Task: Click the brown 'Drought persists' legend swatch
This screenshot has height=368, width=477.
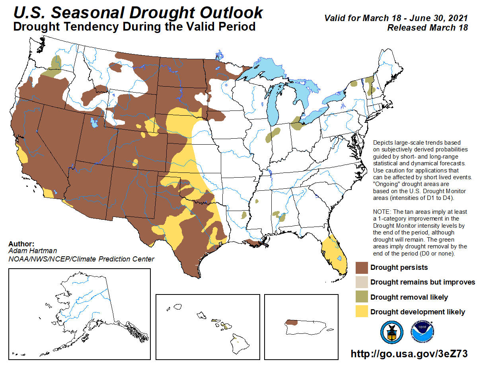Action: pyautogui.click(x=361, y=267)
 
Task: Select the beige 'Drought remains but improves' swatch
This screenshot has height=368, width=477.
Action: pyautogui.click(x=361, y=282)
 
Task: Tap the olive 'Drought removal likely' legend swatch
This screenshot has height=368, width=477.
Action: pyautogui.click(x=361, y=297)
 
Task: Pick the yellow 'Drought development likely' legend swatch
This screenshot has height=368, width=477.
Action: pyautogui.click(x=361, y=312)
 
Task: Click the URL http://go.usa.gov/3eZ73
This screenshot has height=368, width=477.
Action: pyautogui.click(x=409, y=353)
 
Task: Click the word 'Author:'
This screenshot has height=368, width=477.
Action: pyautogui.click(x=21, y=244)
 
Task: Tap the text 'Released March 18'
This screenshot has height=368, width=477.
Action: pyautogui.click(x=428, y=27)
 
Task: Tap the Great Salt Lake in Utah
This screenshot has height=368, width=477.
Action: pyautogui.click(x=94, y=122)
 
